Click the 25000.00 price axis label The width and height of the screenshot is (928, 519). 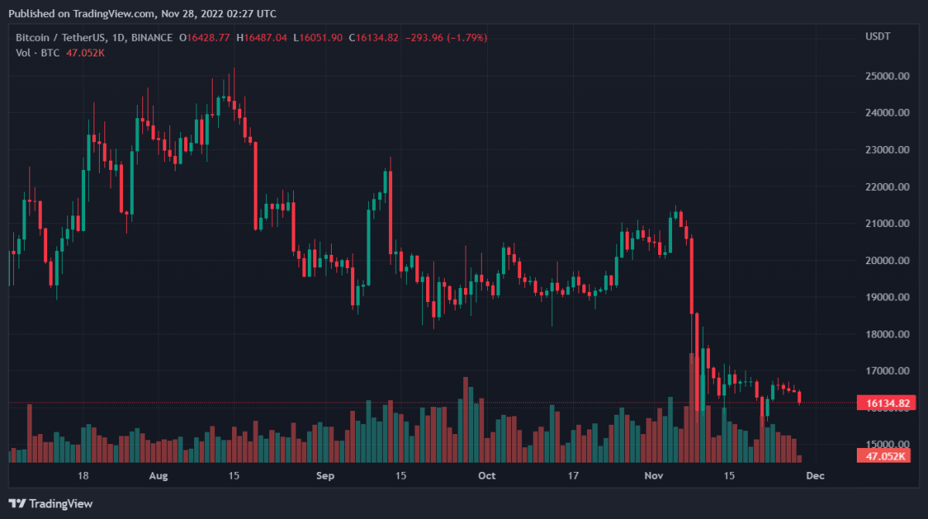[885, 76]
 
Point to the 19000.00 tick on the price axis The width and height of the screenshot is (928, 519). [885, 297]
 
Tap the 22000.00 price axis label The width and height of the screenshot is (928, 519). [885, 187]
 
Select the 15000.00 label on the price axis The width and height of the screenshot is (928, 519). [885, 445]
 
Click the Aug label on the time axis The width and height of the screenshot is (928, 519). [158, 476]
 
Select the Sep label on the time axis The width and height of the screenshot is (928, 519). [326, 476]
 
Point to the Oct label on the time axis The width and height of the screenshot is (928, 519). [486, 476]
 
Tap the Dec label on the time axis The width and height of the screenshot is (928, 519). [814, 476]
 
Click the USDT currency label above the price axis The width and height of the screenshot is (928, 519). [877, 37]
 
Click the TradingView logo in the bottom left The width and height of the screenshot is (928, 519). [51, 504]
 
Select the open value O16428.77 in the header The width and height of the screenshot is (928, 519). [205, 37]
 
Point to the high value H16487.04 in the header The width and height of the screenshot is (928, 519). [261, 37]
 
